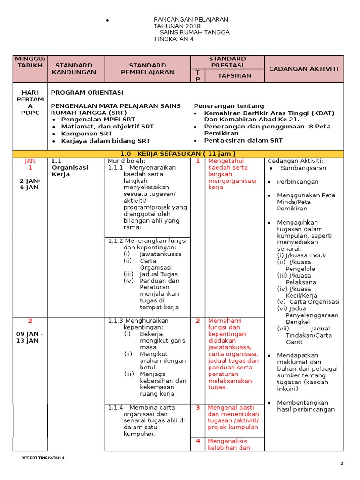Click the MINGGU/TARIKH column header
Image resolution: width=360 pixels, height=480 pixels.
(30, 62)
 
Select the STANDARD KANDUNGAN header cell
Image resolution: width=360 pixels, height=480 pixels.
(76, 68)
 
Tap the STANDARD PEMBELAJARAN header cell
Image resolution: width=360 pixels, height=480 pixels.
(147, 68)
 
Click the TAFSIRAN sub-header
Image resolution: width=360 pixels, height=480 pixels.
(234, 75)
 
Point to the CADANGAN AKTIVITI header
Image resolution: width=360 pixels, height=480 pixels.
(304, 69)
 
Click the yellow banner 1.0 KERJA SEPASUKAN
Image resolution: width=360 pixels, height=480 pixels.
(178, 154)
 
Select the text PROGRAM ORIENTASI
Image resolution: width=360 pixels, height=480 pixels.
(87, 92)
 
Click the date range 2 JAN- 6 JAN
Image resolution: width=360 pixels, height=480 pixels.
(30, 184)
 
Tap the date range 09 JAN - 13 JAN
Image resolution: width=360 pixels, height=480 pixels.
(30, 337)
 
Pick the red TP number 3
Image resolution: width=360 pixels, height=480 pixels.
(198, 408)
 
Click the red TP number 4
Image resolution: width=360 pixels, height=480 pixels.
(198, 441)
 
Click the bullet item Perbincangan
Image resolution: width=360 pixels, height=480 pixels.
(298, 182)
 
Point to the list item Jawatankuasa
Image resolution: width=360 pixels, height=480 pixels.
(160, 254)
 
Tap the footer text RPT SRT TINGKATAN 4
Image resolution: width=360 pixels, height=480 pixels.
(43, 457)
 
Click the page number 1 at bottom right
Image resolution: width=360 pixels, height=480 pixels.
(342, 464)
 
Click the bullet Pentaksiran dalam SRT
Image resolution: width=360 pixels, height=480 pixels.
(243, 140)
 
